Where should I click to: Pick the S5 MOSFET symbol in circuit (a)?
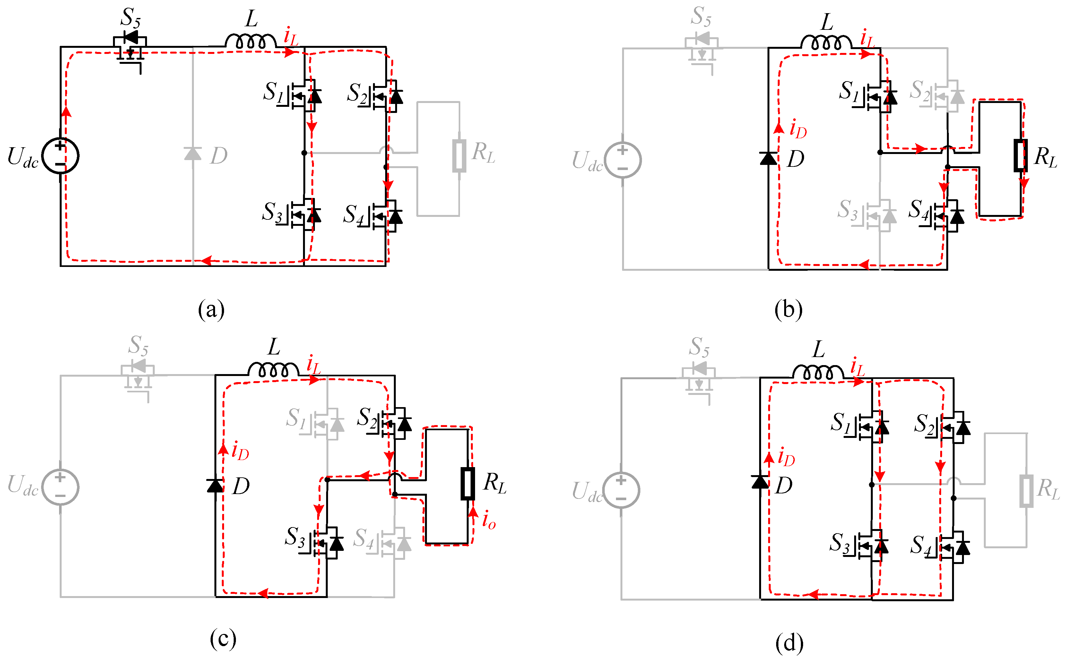coord(130,48)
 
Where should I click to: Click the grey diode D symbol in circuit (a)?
coord(193,154)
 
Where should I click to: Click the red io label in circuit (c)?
coord(489,520)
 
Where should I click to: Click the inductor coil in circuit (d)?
coord(812,372)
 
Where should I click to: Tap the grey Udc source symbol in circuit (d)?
coord(621,491)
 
